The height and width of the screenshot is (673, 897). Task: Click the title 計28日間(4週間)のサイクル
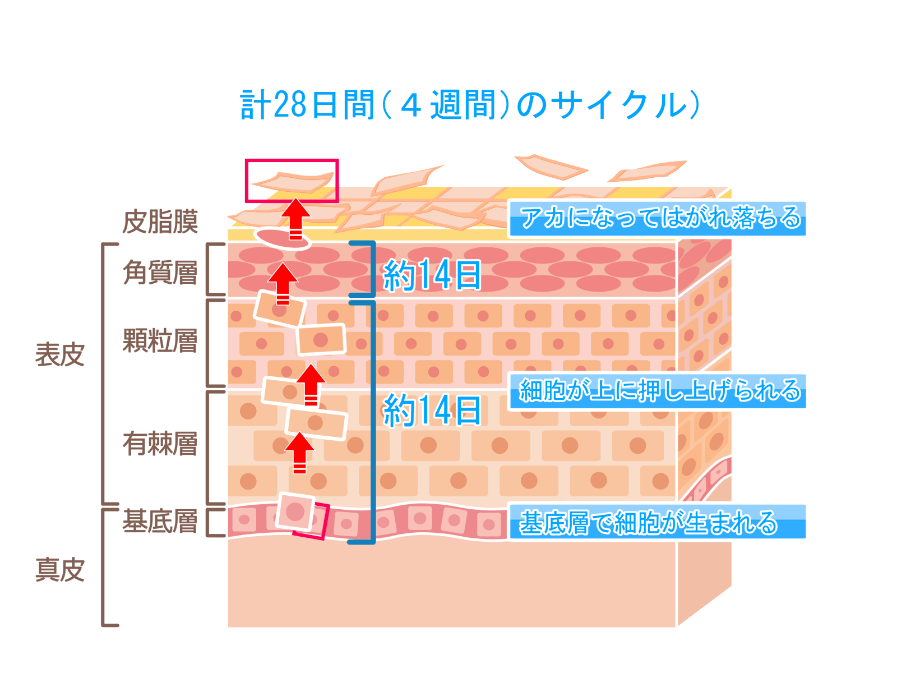click(x=470, y=105)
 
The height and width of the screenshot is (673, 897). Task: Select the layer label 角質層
click(x=160, y=273)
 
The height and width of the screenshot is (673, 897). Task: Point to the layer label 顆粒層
click(x=160, y=341)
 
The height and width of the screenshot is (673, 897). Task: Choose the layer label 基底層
click(x=160, y=522)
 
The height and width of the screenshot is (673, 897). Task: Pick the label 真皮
click(x=59, y=570)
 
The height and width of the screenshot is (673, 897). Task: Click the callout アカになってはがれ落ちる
click(x=658, y=218)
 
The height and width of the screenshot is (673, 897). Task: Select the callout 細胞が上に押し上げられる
click(x=658, y=391)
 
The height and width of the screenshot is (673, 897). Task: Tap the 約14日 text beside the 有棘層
click(x=432, y=411)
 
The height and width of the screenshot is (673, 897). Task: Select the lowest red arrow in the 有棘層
click(x=299, y=451)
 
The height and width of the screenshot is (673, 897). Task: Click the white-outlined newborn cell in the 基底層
click(x=295, y=511)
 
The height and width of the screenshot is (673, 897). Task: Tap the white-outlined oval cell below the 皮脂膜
click(x=283, y=238)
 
